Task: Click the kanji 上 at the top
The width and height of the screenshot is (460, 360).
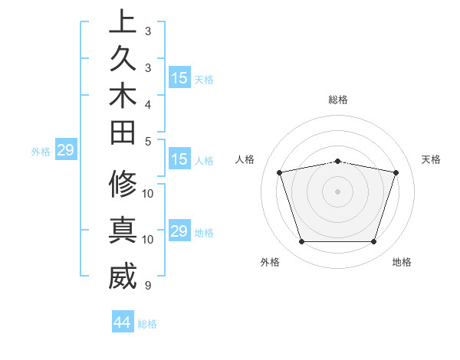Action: [123, 21]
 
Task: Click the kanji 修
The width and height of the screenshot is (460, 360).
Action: [123, 184]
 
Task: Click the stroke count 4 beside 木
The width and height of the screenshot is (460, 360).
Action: [147, 103]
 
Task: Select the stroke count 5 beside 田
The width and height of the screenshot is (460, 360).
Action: [147, 142]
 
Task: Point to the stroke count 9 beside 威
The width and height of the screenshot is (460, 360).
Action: [147, 286]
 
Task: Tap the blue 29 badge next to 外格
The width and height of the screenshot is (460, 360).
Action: [65, 150]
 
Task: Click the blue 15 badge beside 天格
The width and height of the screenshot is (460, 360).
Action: [179, 78]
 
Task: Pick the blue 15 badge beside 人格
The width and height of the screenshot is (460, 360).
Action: [179, 160]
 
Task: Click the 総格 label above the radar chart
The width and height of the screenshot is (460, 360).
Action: [338, 100]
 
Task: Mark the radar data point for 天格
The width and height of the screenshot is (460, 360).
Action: [396, 172]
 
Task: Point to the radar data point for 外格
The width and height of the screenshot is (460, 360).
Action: [301, 242]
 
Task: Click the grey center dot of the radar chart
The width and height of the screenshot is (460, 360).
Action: [338, 191]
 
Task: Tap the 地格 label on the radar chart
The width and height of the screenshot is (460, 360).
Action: [402, 262]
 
